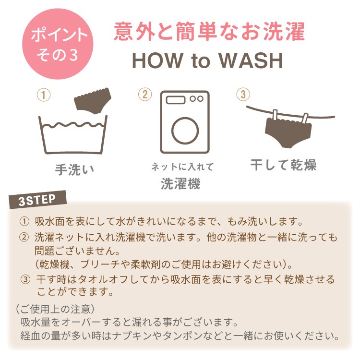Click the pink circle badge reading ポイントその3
58,44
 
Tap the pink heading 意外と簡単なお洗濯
209,32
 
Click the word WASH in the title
251,60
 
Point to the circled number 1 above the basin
44,95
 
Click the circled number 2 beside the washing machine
145,95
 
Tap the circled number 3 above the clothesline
243,94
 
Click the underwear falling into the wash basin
93,101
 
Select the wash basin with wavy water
73,135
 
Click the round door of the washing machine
185,131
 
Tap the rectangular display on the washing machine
176,100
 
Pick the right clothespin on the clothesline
305,119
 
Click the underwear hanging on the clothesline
288,132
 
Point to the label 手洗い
74,169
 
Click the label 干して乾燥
283,165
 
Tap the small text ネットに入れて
182,167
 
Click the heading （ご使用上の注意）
55,309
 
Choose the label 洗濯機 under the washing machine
180,184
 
